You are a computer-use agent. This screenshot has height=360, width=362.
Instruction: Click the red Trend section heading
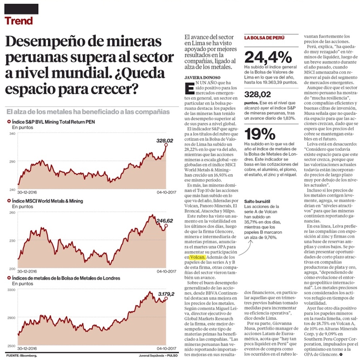(x=18, y=21)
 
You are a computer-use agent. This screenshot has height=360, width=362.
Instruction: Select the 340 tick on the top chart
(x=12, y=134)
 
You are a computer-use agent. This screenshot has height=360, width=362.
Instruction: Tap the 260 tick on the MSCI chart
(x=12, y=213)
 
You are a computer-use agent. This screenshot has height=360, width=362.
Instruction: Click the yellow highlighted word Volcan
(x=198, y=257)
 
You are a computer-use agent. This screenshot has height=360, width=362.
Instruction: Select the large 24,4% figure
(x=268, y=57)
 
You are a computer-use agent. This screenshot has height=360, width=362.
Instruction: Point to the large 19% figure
(x=260, y=134)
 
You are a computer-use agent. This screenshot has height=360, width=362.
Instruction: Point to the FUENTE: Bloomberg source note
(x=21, y=355)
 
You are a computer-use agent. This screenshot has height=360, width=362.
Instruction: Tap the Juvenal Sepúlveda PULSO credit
(x=158, y=355)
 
